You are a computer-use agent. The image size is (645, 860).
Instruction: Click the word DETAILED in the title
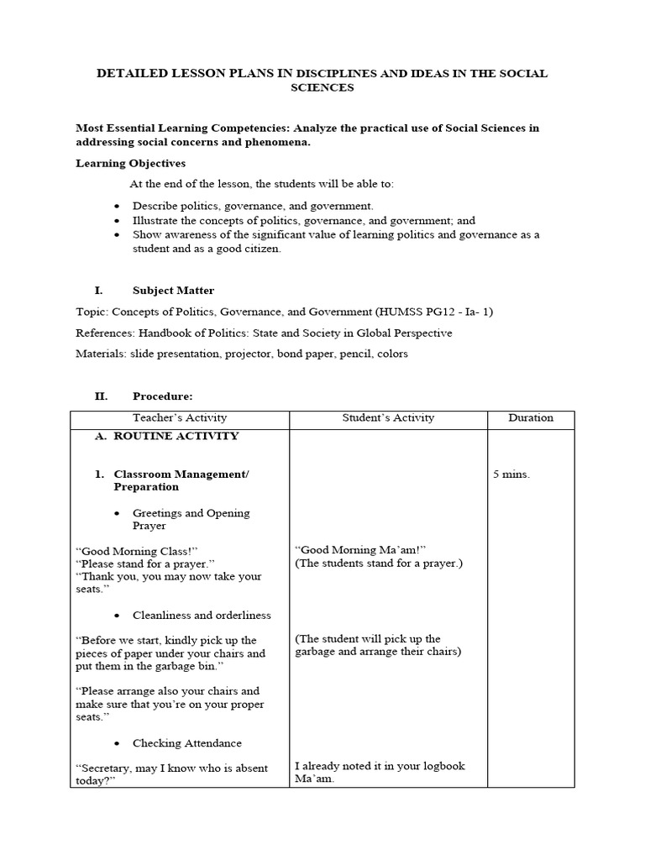[x=127, y=74]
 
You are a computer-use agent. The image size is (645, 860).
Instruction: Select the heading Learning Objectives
[x=131, y=163]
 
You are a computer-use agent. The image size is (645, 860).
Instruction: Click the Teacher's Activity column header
[x=180, y=417]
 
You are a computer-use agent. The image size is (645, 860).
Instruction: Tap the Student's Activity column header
[x=388, y=417]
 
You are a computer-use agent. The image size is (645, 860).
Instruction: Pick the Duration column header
[x=531, y=417]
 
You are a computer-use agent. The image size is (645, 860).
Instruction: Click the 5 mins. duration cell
[x=511, y=475]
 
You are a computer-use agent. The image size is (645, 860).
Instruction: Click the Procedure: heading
[x=162, y=396]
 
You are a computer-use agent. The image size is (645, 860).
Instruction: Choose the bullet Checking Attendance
[x=186, y=743]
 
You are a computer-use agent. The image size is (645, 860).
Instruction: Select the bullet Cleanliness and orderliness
[x=202, y=616]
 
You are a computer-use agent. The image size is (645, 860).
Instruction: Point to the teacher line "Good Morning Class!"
[x=136, y=551]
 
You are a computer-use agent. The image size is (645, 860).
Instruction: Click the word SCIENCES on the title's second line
[x=322, y=87]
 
